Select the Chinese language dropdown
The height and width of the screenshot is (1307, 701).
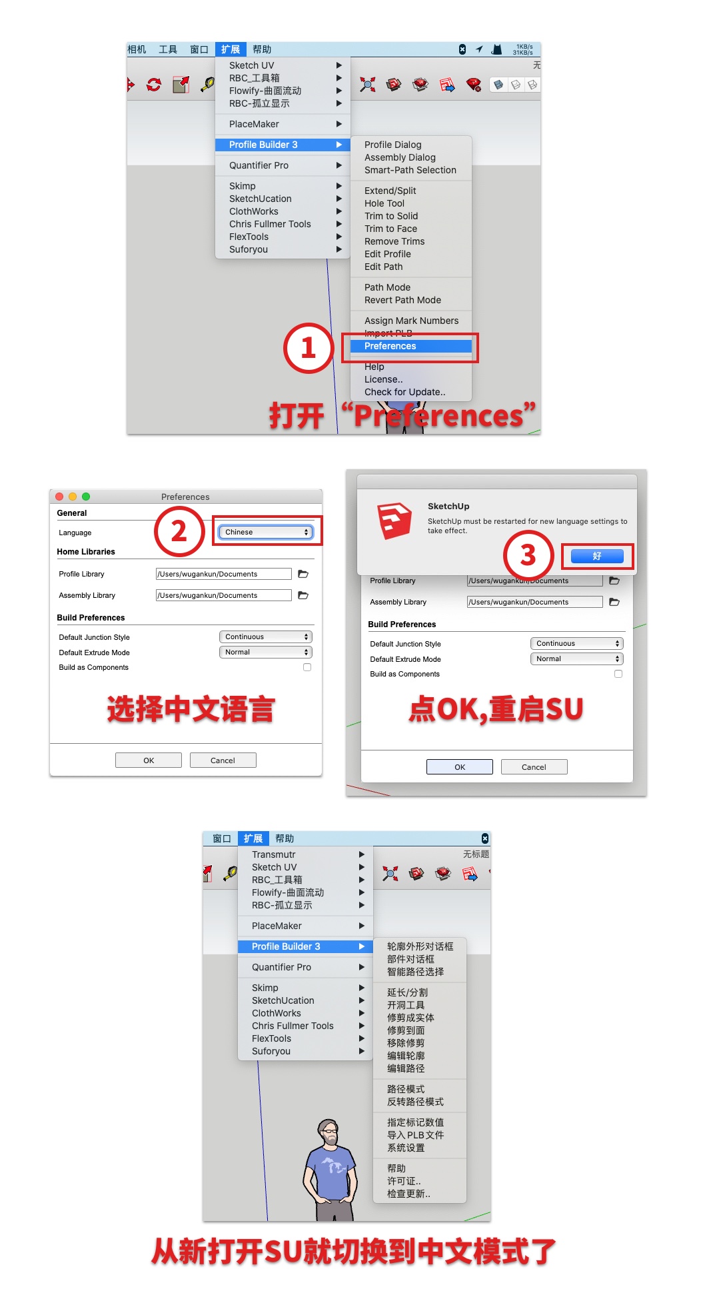265,532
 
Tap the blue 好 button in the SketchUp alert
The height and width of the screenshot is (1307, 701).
597,556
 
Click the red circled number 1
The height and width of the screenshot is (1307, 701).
309,348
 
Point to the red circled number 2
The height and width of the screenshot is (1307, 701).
179,531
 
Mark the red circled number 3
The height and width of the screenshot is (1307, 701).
528,555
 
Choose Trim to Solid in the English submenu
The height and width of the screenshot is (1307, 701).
391,216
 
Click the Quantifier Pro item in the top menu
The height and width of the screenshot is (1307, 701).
259,165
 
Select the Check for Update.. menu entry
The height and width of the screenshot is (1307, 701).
404,392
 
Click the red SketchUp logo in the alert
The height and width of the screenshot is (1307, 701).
394,521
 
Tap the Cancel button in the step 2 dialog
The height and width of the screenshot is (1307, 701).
223,760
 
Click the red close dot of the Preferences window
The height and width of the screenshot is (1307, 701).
59,497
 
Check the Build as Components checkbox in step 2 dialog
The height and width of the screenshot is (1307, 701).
307,667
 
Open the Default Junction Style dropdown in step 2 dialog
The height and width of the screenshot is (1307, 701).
265,637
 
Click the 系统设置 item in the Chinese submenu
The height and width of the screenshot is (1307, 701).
406,1148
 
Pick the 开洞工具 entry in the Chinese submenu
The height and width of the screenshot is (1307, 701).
406,1005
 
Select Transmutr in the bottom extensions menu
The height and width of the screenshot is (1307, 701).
273,854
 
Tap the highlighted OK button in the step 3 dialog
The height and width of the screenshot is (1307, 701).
460,766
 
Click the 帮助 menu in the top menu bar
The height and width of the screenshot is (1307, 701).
262,49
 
